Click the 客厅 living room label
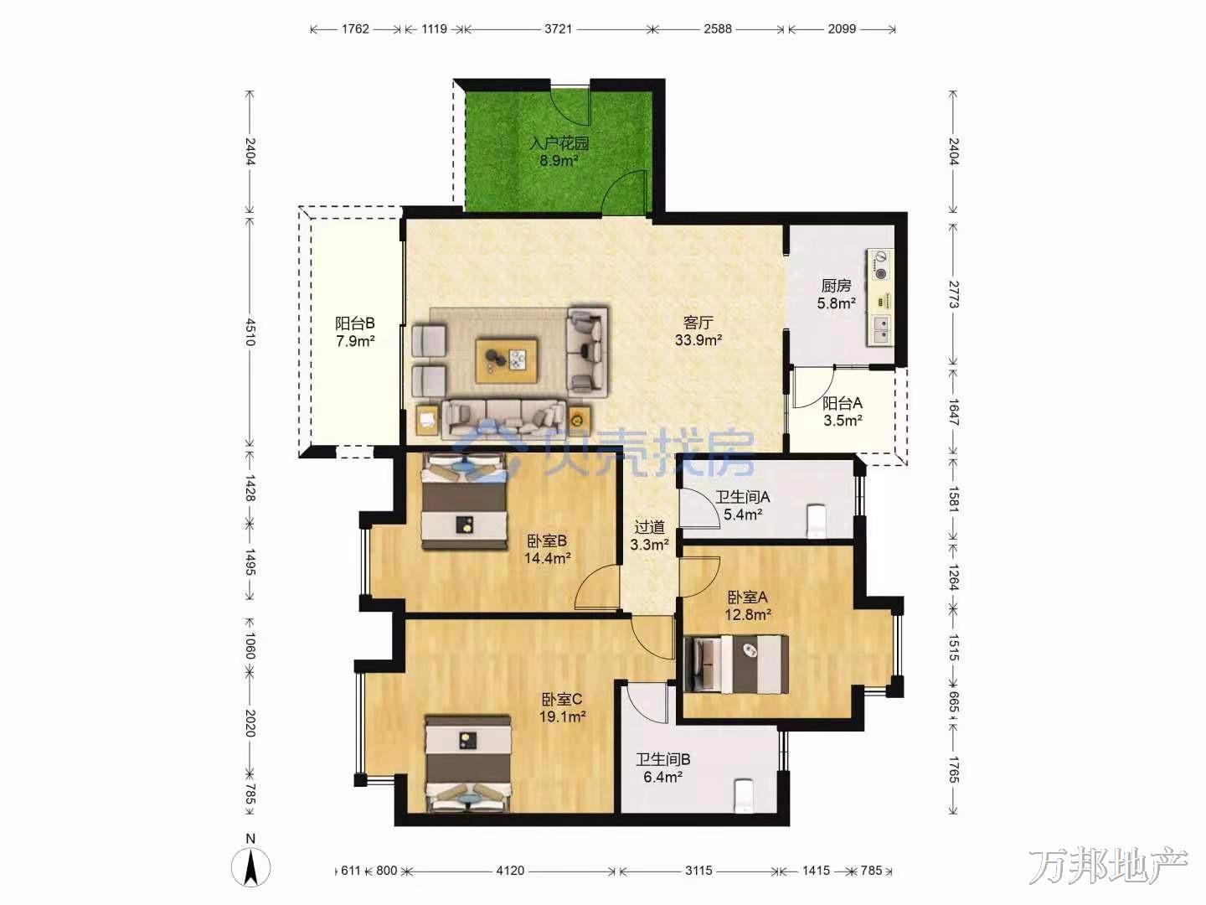[698, 322]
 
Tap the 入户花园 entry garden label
[559, 143]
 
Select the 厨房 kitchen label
[836, 286]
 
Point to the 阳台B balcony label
[355, 323]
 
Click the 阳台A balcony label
[843, 403]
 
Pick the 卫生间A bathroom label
[742, 497]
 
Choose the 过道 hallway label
[649, 528]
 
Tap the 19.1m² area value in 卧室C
[562, 716]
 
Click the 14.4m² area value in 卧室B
[547, 558]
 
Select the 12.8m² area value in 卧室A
[747, 614]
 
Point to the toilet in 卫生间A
[816, 521]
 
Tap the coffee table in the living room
[507, 360]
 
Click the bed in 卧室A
[735, 665]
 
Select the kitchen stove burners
[880, 266]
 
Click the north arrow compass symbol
[250, 866]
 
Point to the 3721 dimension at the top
[559, 28]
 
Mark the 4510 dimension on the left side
[250, 331]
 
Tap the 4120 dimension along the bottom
[510, 871]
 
